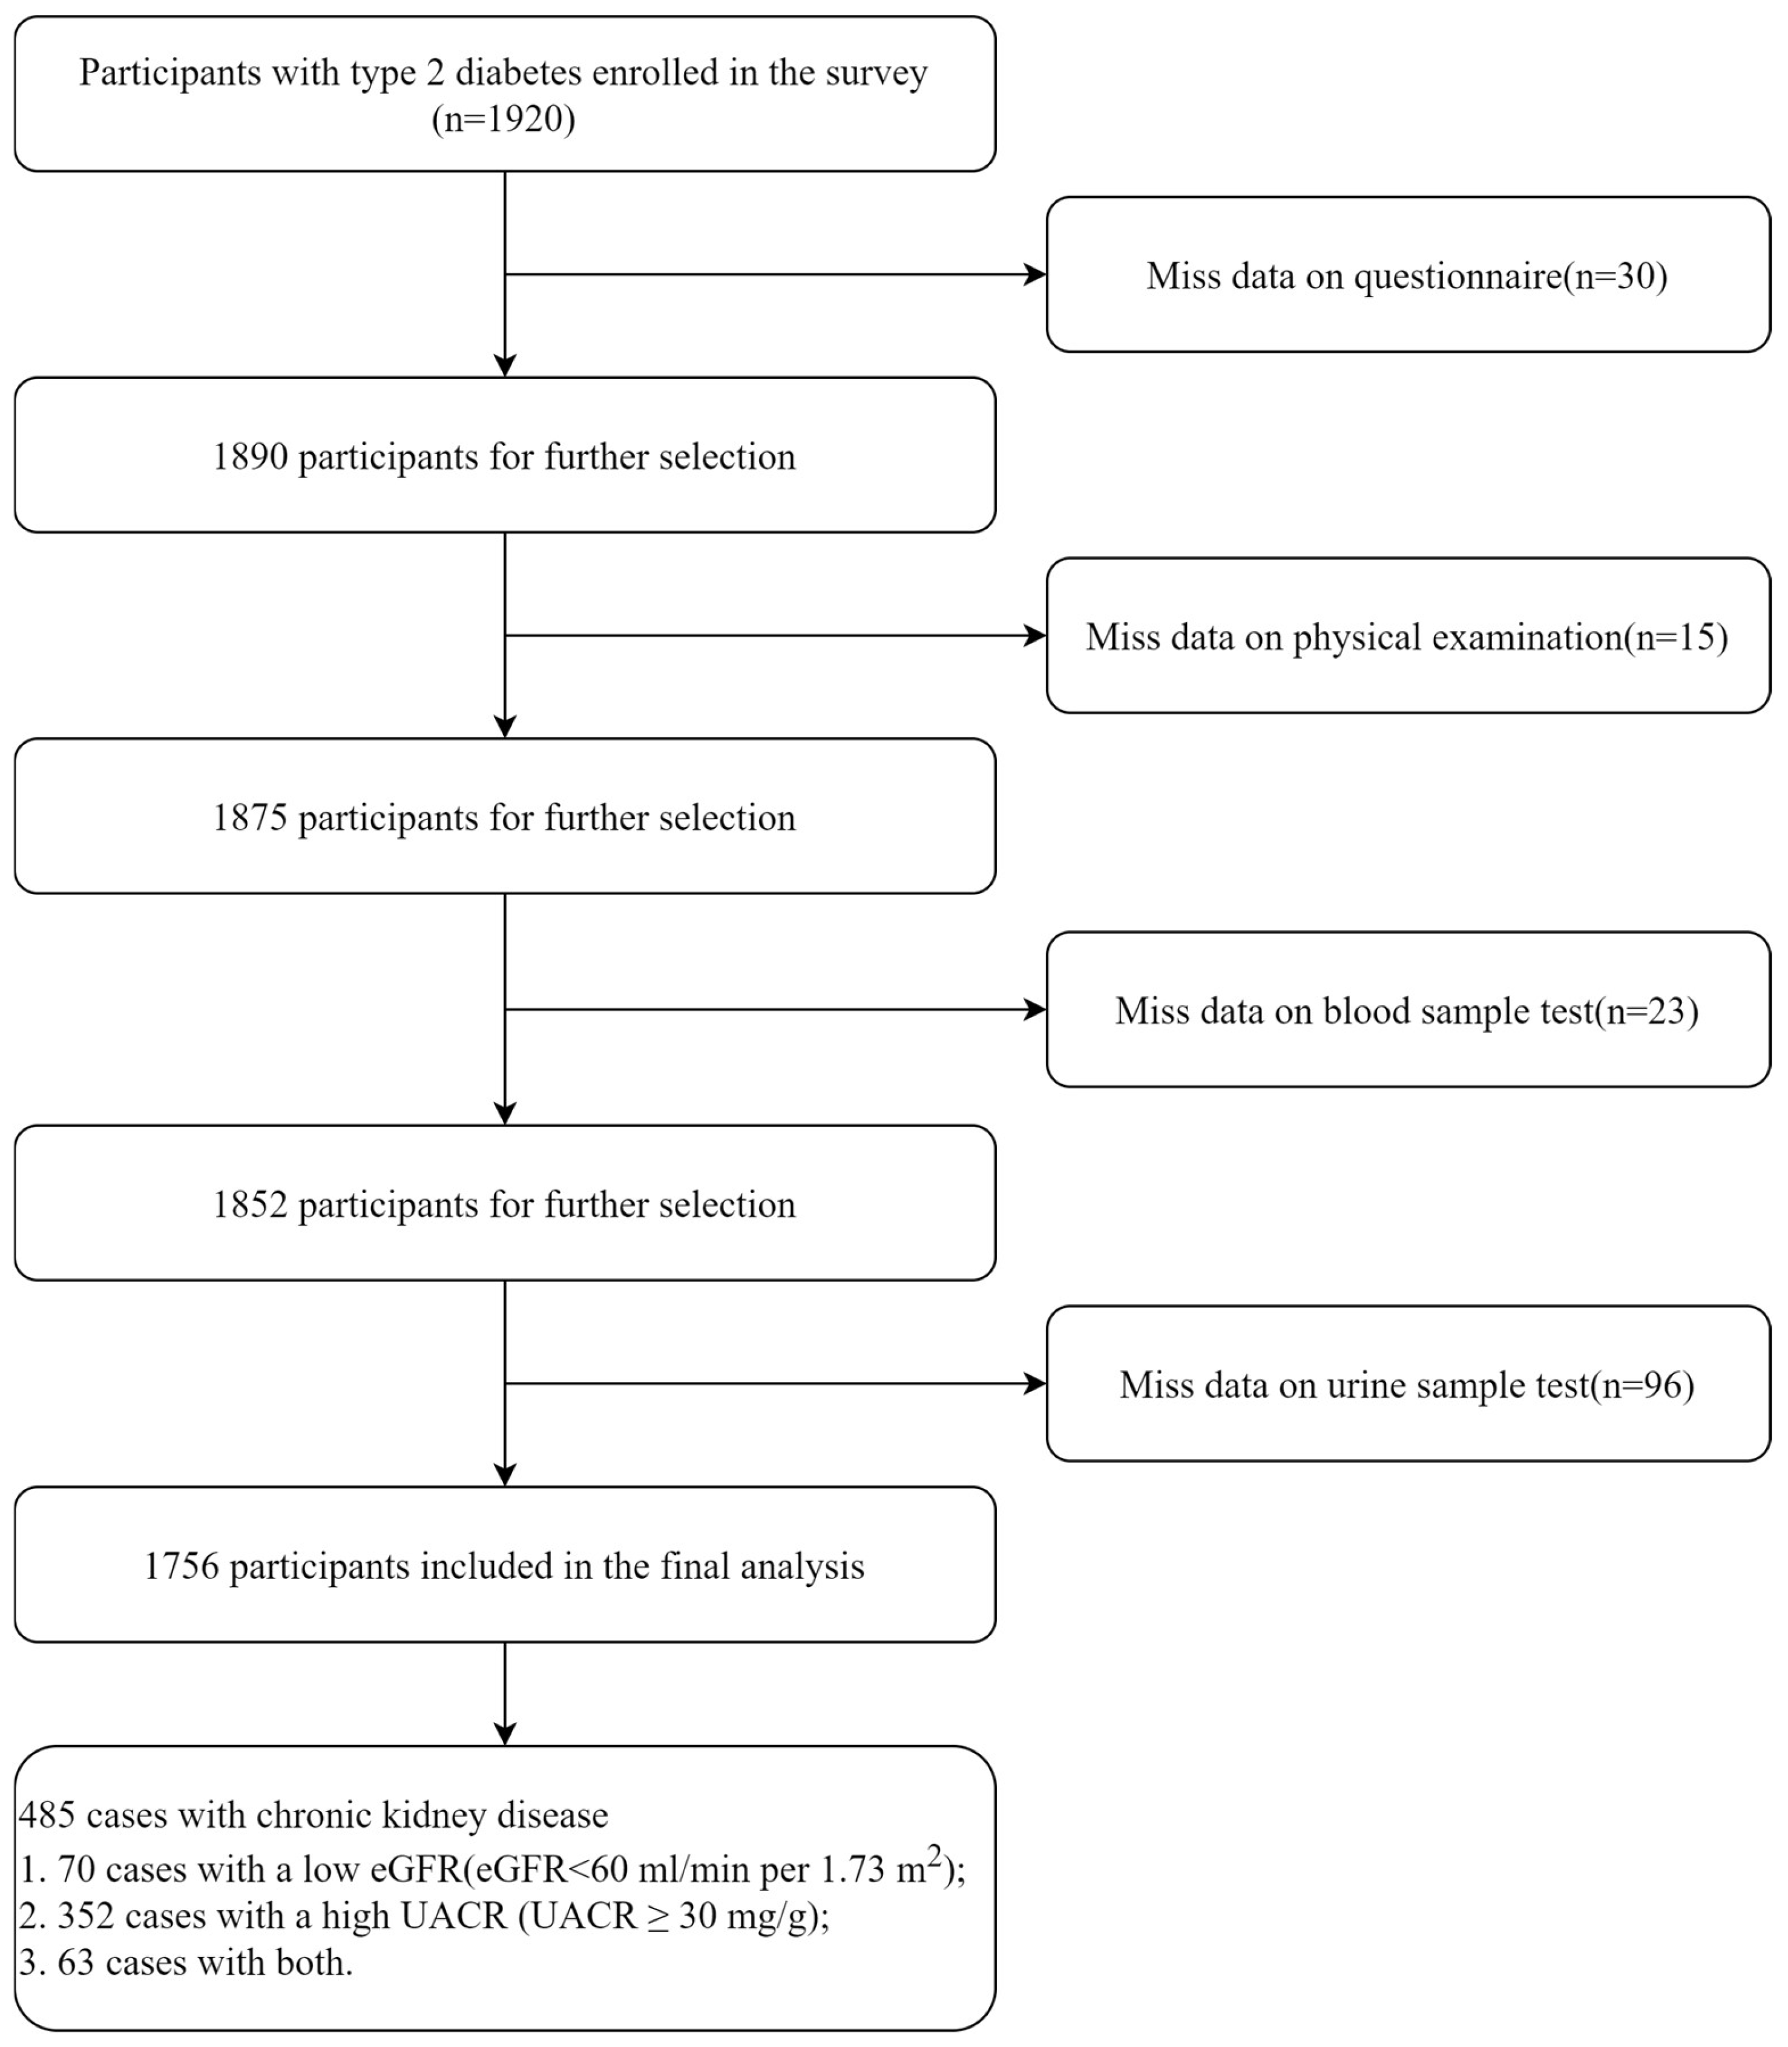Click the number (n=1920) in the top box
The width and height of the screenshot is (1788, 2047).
(x=503, y=120)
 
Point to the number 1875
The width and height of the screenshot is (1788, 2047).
(x=249, y=818)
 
